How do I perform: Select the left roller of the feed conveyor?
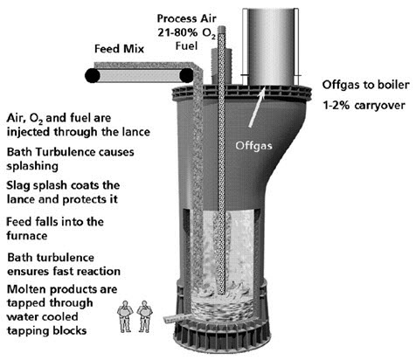[91, 76]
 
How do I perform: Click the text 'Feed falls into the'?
[55, 222]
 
